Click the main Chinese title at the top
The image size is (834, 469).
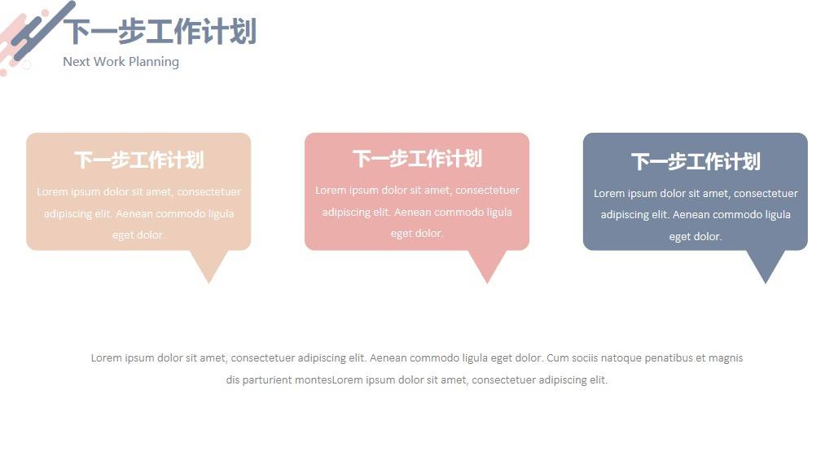point(160,31)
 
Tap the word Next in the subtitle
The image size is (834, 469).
point(77,62)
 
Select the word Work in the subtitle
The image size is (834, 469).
point(110,62)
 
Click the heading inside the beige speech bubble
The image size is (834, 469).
point(138,160)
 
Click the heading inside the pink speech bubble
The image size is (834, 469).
point(417,159)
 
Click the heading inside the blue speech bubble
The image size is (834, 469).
point(696,162)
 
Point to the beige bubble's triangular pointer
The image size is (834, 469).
point(209,266)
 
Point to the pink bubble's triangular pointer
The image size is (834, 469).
point(487,266)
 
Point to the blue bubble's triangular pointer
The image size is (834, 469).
point(766,266)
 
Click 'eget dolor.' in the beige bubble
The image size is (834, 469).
point(138,235)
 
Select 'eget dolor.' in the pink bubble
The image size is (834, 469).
point(416,234)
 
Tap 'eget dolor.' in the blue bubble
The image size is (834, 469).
point(696,237)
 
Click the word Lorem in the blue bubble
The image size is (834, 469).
point(609,194)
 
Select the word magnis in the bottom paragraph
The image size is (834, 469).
point(726,358)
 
